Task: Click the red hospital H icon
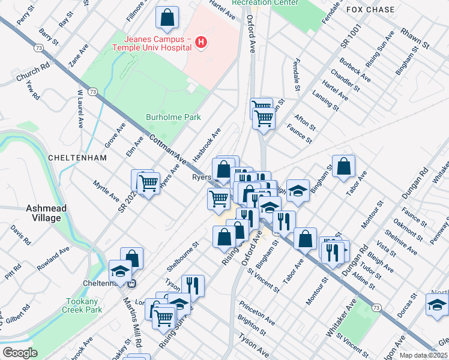coord(202,43)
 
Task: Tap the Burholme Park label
coord(174,118)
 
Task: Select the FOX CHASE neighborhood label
coord(370,10)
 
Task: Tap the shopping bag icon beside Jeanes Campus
coord(167,18)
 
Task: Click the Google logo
coord(20,352)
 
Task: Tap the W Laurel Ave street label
coord(79,109)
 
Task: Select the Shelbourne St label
coord(181,256)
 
